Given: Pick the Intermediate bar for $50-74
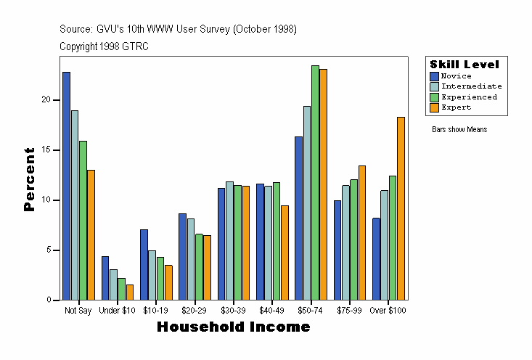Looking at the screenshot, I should pos(307,203).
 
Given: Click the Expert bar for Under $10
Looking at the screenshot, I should pos(129,292).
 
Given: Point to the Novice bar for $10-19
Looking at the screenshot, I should pos(144,265).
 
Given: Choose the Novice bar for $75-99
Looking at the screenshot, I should pos(337,250).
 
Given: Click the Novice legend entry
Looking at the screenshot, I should pos(456,76).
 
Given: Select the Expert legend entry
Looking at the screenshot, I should pos(456,107).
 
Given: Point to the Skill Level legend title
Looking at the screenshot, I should pos(465,65).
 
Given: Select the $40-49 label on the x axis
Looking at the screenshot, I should pos(271,311).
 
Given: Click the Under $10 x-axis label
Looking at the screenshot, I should pos(117,311).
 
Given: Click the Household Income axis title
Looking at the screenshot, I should pos(234,327).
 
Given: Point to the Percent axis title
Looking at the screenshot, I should pos(29,179).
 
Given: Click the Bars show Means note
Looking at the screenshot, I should pos(459,130).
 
